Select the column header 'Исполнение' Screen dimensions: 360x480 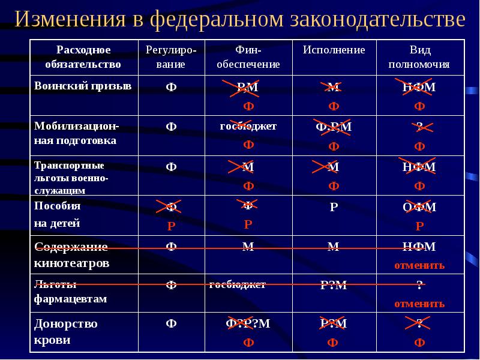(334, 50)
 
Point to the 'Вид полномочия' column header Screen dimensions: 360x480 (419, 56)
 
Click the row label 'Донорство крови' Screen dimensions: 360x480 (66, 331)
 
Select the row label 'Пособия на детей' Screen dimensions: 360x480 (58, 214)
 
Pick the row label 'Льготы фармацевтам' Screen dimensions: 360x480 (70, 292)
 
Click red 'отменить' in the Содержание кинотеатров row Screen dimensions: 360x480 (419, 265)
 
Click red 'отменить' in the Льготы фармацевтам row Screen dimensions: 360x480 (419, 304)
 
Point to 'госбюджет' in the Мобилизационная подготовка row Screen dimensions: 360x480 (248, 127)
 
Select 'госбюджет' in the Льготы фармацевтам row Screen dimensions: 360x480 (238, 285)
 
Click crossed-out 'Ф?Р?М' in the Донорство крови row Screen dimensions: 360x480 (248, 324)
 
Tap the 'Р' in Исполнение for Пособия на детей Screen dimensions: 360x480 (334, 208)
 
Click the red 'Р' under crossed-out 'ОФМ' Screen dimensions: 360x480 (419, 226)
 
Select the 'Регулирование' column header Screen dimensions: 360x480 (171, 56)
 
